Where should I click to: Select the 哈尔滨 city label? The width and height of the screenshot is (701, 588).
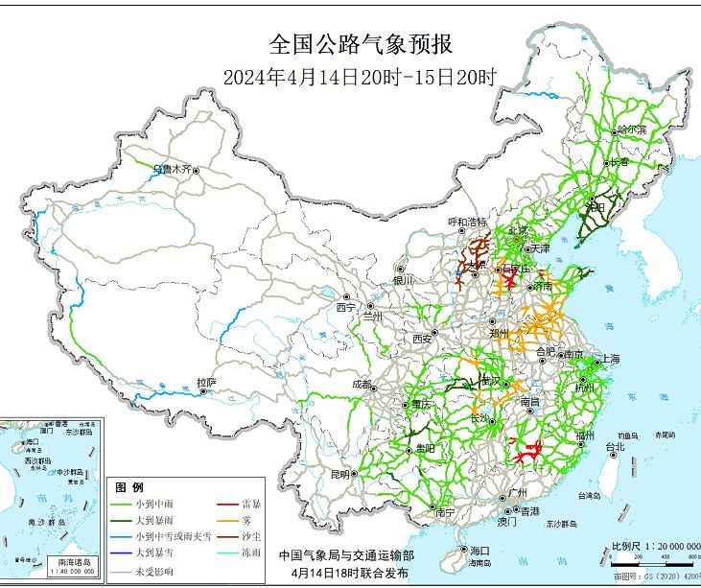631,129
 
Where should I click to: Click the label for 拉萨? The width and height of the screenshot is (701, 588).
206,382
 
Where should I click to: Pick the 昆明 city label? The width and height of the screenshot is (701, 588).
340,474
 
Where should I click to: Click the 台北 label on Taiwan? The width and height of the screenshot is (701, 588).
614,446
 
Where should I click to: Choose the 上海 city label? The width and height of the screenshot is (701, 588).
608,359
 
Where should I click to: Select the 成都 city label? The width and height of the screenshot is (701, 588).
362,384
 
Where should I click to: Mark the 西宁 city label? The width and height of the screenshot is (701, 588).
344,307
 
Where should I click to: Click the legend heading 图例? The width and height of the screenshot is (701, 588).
129,486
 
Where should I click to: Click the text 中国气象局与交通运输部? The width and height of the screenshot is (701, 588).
346,554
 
